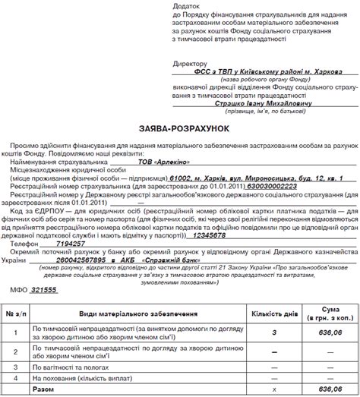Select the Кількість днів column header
click(x=273, y=312)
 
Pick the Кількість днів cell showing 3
click(x=273, y=332)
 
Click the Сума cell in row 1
click(x=330, y=332)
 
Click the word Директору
click(x=189, y=66)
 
